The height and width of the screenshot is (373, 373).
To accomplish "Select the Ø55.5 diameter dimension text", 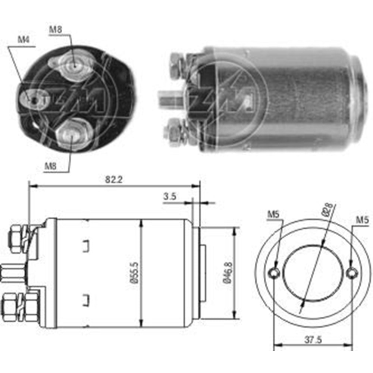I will click(135, 274).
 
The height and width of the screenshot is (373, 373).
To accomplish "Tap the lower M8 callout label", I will click(51, 166).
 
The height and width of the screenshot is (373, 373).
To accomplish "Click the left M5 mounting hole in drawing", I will click(275, 273).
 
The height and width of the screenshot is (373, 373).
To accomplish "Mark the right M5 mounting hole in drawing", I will click(351, 273).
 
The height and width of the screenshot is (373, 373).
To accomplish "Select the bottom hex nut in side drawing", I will click(10, 305).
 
